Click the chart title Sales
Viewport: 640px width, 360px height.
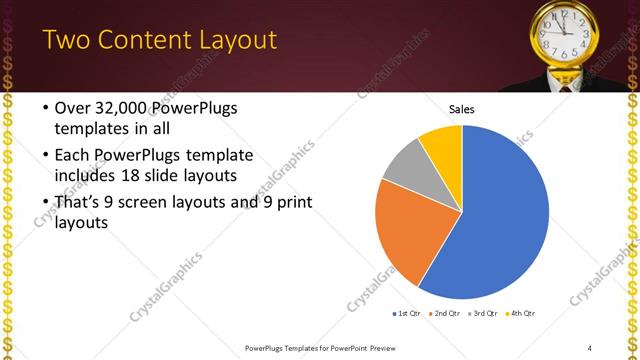[461, 109]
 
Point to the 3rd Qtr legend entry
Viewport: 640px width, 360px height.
[483, 313]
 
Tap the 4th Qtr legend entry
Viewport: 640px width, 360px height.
[521, 313]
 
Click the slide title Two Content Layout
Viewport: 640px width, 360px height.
[160, 40]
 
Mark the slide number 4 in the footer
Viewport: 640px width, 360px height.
[590, 347]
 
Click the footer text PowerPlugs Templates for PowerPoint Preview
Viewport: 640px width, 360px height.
[320, 347]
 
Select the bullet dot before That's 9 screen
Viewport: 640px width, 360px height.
[45, 203]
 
